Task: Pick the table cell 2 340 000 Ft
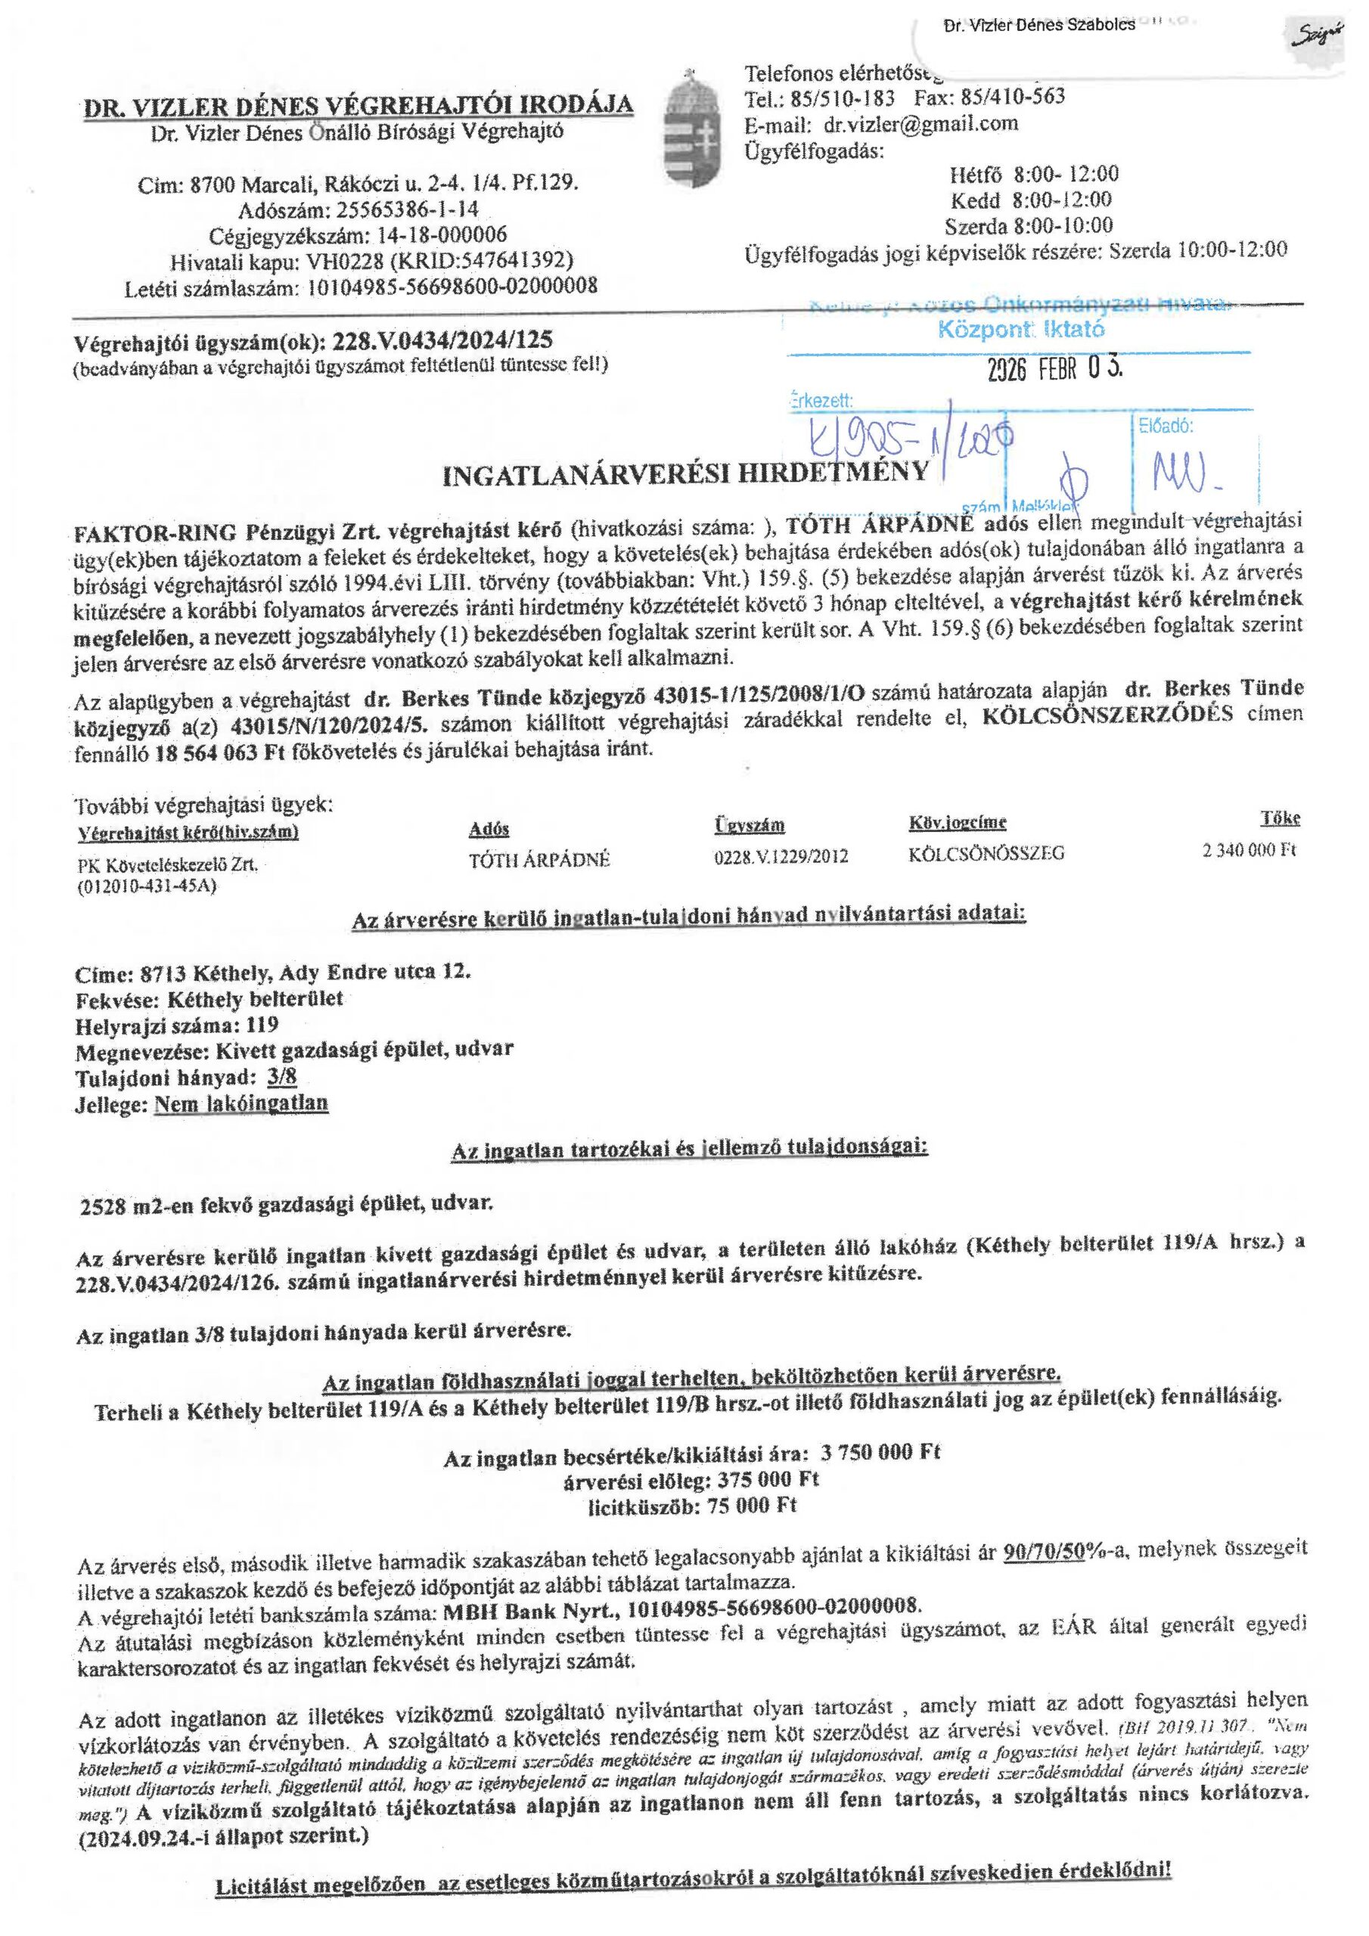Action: [x=1249, y=851]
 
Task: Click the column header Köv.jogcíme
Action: [x=957, y=822]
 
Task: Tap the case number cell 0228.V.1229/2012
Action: [x=781, y=857]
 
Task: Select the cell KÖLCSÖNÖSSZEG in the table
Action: [x=986, y=853]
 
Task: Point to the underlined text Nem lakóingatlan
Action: [x=241, y=1104]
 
